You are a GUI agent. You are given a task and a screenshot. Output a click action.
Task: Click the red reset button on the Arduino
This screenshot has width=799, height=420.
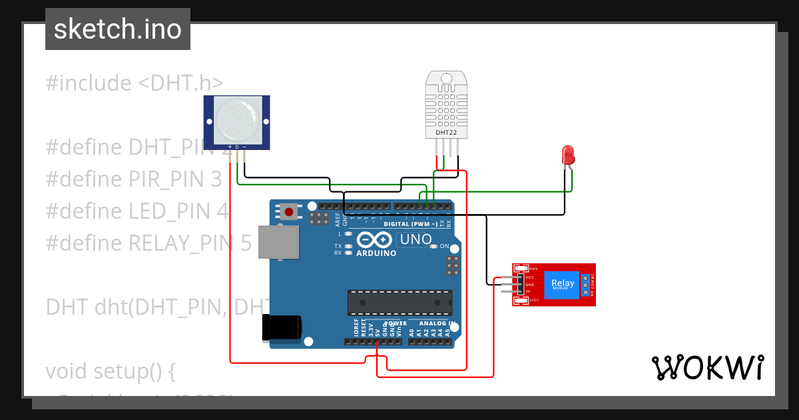(289, 212)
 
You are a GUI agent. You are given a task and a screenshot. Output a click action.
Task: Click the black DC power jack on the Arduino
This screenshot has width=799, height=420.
(282, 327)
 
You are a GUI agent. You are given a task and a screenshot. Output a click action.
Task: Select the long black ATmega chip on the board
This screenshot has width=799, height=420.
(400, 302)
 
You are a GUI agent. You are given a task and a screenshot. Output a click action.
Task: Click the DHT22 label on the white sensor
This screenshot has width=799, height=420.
(446, 133)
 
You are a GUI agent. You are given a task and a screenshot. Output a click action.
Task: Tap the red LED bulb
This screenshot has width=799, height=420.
(568, 155)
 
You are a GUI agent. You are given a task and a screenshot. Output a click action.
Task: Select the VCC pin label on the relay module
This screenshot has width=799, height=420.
(530, 277)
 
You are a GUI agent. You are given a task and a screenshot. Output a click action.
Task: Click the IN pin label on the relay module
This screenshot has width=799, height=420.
(528, 291)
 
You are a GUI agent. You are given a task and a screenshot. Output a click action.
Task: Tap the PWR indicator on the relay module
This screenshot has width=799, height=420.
(532, 269)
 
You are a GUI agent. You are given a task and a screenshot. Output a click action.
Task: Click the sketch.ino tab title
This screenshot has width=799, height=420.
(118, 29)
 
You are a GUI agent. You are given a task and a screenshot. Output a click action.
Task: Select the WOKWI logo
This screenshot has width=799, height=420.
(707, 367)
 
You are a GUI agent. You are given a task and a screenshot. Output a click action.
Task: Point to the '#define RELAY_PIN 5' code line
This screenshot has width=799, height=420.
(148, 243)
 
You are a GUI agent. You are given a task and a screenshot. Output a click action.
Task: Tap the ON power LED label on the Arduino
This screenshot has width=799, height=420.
(444, 246)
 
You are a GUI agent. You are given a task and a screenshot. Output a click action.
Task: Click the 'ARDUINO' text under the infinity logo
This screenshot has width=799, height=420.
(376, 253)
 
